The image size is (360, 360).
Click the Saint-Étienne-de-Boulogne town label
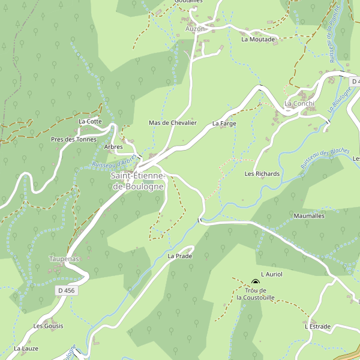click(x=137, y=181)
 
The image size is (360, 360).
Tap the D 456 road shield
click(x=67, y=290)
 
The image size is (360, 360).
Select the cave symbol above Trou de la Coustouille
click(x=256, y=283)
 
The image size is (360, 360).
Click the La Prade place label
click(x=179, y=256)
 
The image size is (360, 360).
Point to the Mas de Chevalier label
click(x=172, y=123)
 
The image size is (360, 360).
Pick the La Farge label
click(x=224, y=124)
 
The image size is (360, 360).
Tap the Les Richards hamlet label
click(x=262, y=174)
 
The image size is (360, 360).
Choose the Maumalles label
click(x=309, y=215)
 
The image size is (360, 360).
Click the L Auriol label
click(x=271, y=274)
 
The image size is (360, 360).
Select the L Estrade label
click(x=317, y=327)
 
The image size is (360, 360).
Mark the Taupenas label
click(x=64, y=259)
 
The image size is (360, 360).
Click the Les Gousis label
click(x=48, y=326)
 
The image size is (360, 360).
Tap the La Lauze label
click(x=26, y=349)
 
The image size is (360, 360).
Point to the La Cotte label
click(x=90, y=121)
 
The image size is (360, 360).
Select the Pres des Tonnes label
click(x=73, y=140)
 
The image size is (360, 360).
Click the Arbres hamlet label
click(x=113, y=147)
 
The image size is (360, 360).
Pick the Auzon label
click(x=195, y=29)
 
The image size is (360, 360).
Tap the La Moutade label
click(x=258, y=40)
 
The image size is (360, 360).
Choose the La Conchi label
click(x=299, y=103)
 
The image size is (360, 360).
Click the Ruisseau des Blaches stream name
click(x=325, y=158)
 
